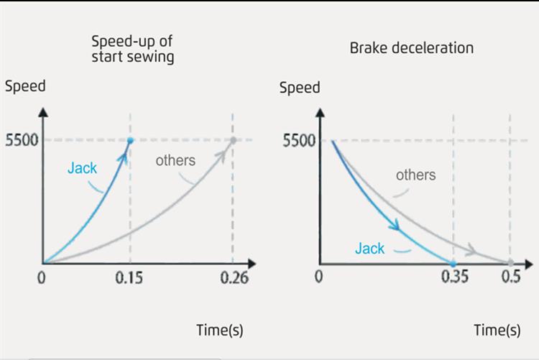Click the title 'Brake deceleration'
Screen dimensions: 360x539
click(x=412, y=48)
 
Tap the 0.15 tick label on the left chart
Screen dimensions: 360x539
click(x=131, y=278)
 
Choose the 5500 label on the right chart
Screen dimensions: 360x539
click(x=298, y=139)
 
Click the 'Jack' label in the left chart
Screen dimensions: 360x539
click(x=83, y=168)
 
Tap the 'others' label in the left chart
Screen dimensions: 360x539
click(x=175, y=160)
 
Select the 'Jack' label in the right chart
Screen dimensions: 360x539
click(x=369, y=249)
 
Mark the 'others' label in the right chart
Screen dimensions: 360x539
click(x=415, y=175)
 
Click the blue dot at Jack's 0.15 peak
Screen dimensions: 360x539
click(x=130, y=140)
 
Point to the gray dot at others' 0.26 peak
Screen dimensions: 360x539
click(x=233, y=140)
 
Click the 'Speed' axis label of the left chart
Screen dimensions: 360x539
click(x=25, y=87)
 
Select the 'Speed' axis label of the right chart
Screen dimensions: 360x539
click(x=300, y=88)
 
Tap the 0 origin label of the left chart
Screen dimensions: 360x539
click(x=41, y=278)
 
